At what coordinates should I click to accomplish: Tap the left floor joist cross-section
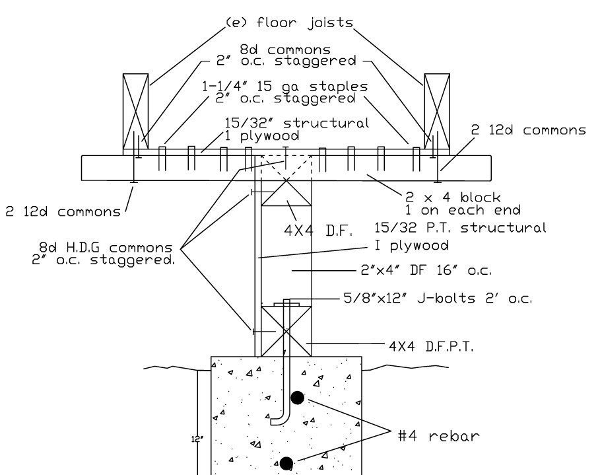(x=136, y=112)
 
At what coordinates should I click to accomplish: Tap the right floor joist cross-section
(x=436, y=112)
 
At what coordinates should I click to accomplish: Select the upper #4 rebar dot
(x=298, y=397)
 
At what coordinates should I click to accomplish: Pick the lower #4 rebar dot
(x=286, y=463)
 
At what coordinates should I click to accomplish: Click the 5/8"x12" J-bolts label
(x=438, y=298)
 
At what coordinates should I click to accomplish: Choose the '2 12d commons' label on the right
(x=528, y=131)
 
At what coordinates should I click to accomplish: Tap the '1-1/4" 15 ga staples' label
(x=285, y=87)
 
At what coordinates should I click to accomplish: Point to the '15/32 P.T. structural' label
(x=459, y=228)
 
